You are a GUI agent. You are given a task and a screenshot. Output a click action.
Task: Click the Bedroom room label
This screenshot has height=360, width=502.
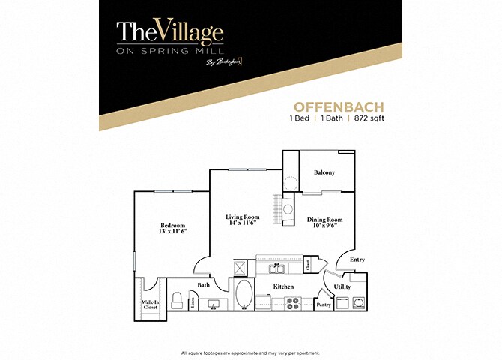pos(173,225)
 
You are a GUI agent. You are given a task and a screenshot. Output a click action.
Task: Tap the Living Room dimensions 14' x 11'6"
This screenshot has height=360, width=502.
pos(242,223)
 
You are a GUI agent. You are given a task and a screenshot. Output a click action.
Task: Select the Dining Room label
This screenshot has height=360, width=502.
pos(324,220)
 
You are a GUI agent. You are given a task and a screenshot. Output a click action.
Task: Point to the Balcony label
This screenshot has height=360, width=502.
pos(324,173)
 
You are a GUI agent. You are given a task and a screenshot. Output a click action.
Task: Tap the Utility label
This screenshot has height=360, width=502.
pos(342,286)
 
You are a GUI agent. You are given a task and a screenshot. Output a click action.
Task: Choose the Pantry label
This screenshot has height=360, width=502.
pos(324,304)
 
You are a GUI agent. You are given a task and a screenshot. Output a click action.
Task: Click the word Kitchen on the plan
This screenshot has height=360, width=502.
pos(283,287)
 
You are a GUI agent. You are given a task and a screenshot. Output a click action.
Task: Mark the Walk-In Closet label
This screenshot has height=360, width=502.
pos(149,304)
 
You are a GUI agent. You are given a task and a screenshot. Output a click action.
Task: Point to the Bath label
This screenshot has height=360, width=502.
pos(204,285)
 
